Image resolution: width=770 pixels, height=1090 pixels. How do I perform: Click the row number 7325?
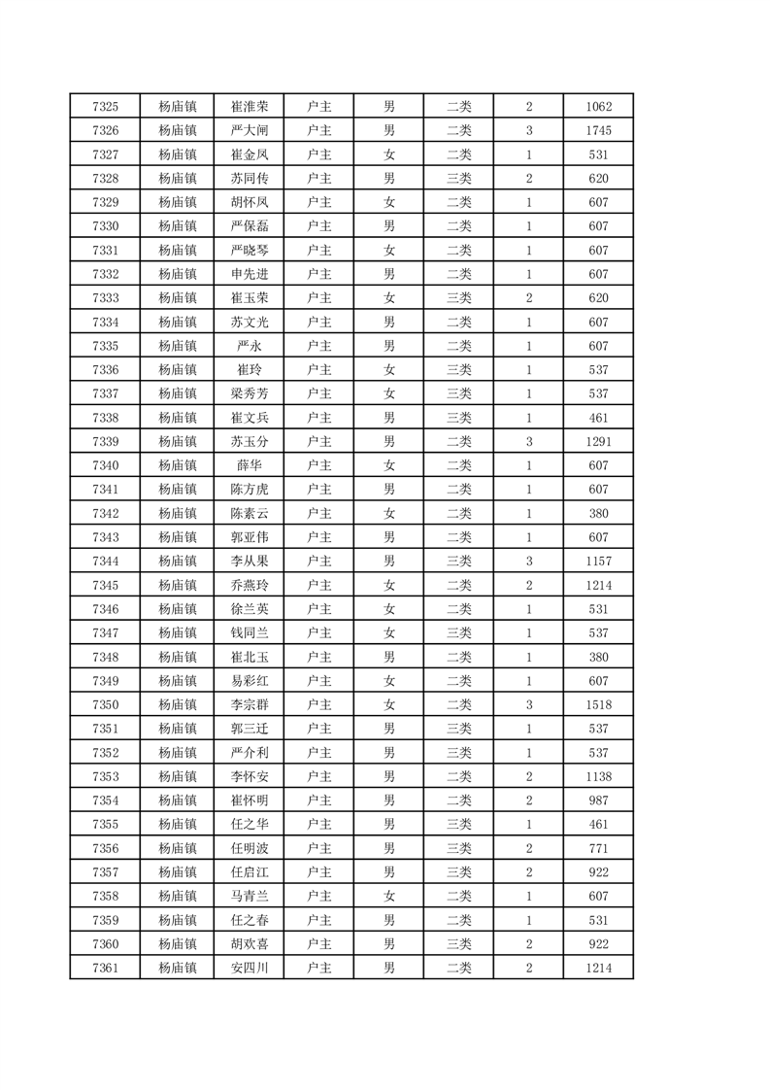tap(105, 107)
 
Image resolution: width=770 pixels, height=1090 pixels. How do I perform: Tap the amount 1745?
tap(598, 131)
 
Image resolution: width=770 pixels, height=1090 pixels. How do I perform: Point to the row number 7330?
tap(105, 226)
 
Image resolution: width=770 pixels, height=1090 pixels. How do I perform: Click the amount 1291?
tap(598, 442)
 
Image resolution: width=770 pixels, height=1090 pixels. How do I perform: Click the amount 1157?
tap(598, 562)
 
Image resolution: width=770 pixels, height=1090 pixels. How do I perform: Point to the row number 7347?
tap(105, 633)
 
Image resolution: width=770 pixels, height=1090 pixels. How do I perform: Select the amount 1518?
tap(598, 704)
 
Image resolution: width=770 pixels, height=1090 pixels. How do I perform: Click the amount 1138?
tap(598, 776)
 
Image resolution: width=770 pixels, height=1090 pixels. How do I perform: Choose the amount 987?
tap(598, 800)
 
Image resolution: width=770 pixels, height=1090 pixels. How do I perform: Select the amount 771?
tap(598, 848)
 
